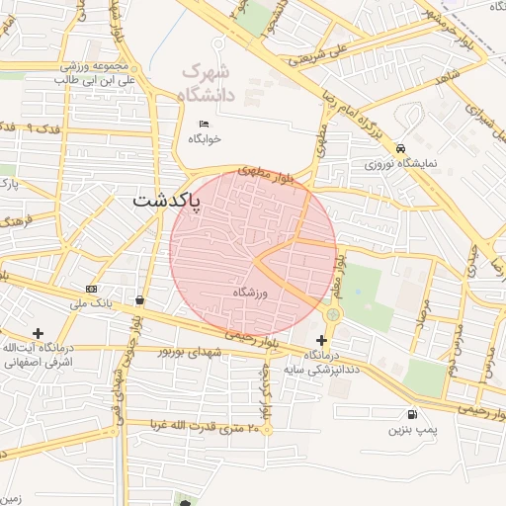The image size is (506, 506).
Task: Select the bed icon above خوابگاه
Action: click(x=204, y=124)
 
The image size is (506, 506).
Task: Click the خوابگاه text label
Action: click(x=204, y=139)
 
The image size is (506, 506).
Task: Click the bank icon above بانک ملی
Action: click(x=92, y=289)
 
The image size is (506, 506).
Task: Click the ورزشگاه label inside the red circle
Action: click(x=251, y=294)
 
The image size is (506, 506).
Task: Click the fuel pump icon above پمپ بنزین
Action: click(x=410, y=414)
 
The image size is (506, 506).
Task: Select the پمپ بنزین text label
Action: click(x=410, y=430)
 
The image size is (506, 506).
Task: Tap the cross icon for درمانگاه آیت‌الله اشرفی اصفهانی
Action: click(x=38, y=333)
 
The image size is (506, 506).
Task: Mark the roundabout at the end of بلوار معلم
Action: click(x=331, y=314)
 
